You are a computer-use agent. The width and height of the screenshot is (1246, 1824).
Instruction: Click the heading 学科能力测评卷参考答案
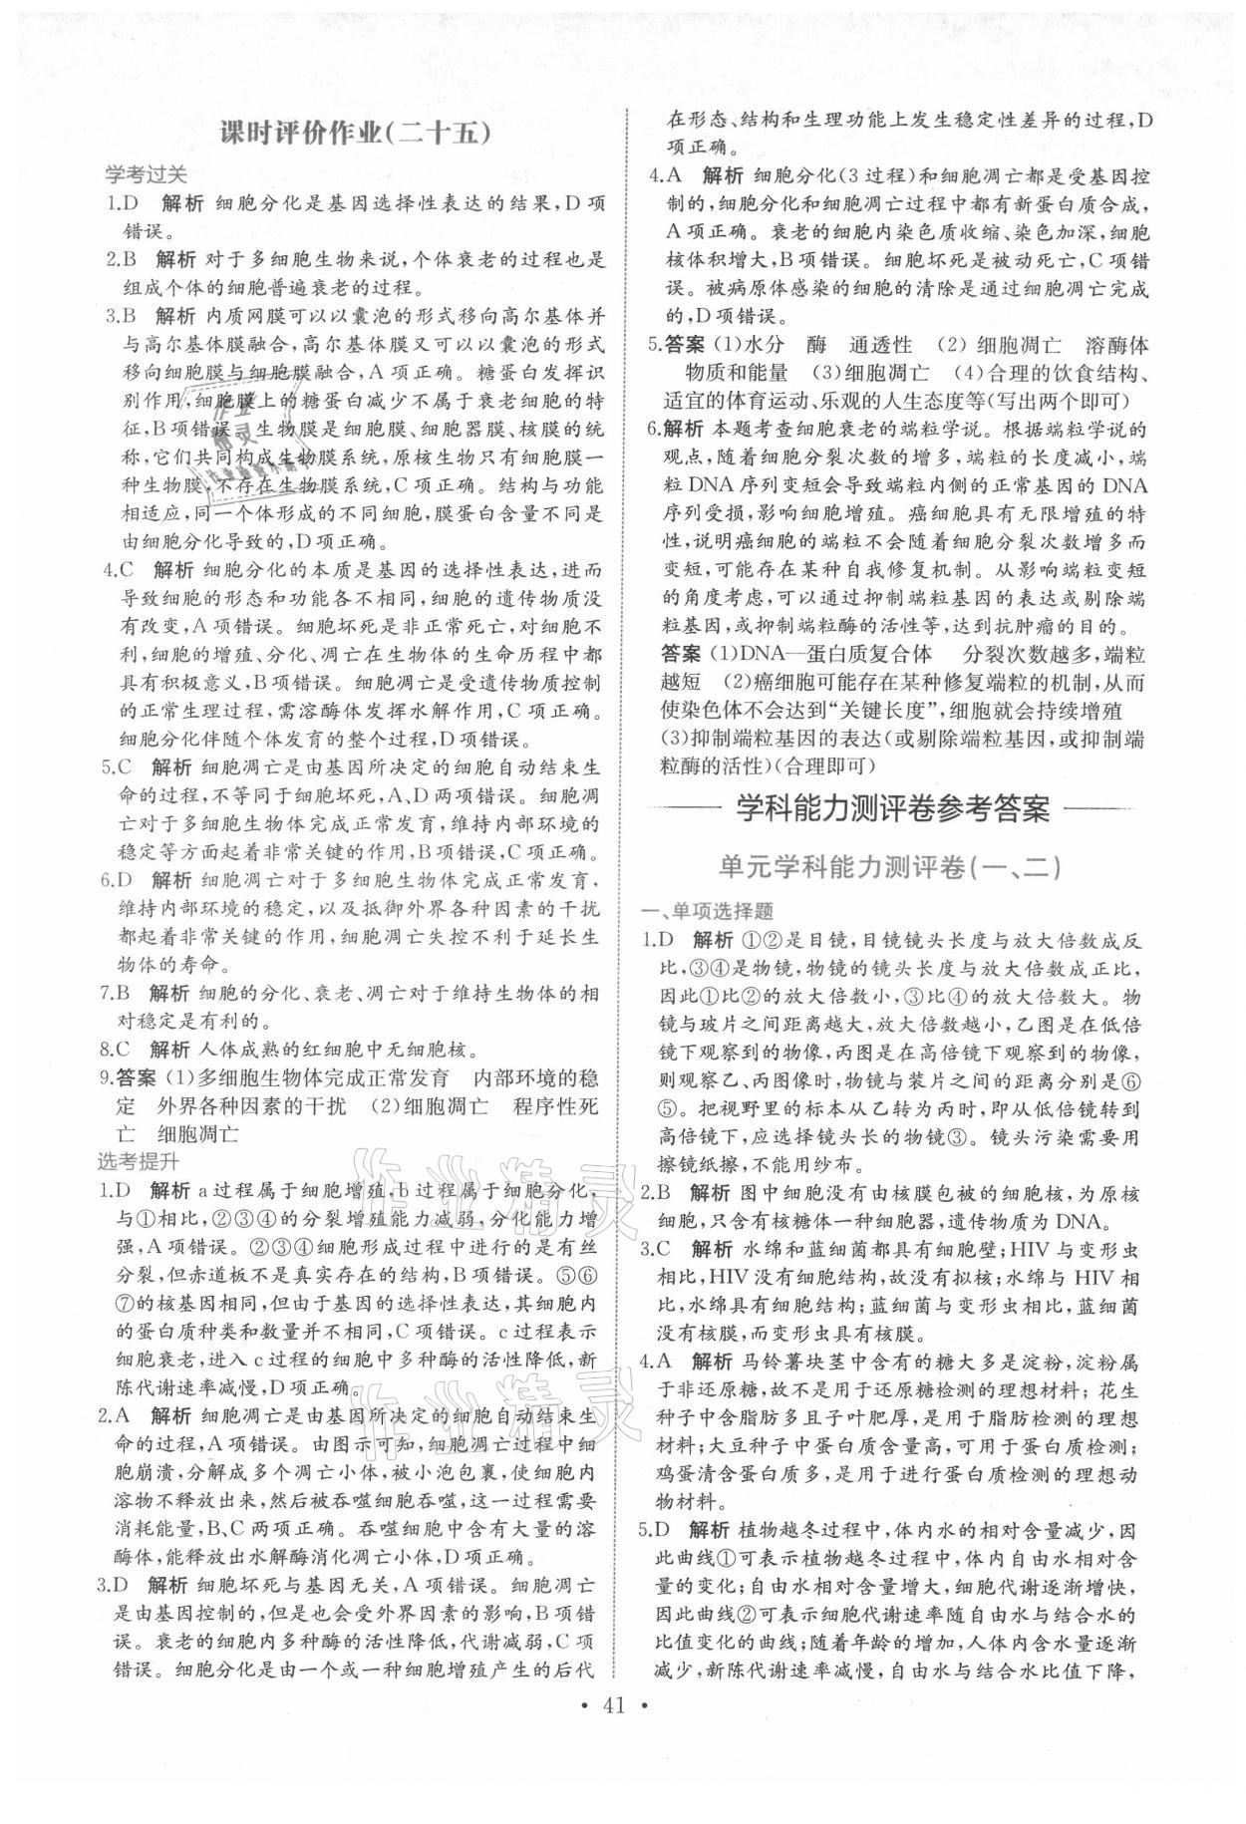click(x=892, y=808)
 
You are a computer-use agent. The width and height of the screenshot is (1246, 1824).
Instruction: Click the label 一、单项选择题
click(x=707, y=911)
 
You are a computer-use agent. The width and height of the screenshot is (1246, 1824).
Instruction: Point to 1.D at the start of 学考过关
click(x=122, y=204)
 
